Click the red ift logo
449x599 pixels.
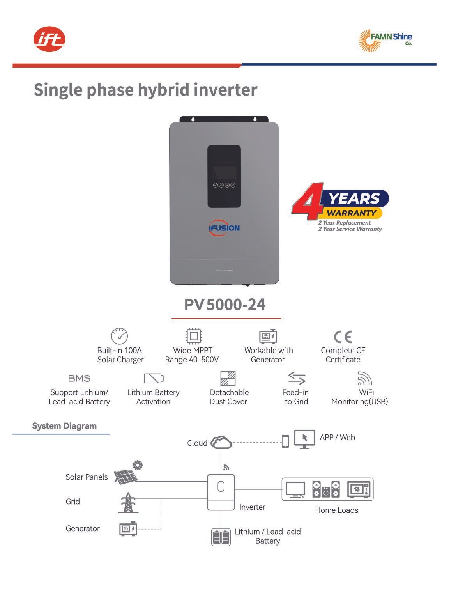coord(49,39)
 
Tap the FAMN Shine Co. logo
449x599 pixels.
coord(385,41)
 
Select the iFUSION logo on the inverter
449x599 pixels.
coord(224,227)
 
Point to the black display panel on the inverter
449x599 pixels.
coord(224,176)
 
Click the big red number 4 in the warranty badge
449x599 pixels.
coord(308,201)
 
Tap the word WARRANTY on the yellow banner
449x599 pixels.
coord(352,213)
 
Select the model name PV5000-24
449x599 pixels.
coord(224,305)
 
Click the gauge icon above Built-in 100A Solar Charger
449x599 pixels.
coord(119,336)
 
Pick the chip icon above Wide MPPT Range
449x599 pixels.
coord(194,336)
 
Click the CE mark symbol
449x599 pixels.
coord(343,337)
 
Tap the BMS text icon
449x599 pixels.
coord(79,379)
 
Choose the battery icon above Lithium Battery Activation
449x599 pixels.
coord(154,378)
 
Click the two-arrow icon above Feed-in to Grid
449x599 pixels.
coord(297,378)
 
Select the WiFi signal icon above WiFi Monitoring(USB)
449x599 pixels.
coord(365,378)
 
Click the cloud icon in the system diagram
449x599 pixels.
coord(221,442)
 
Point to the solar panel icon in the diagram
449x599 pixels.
coord(126,477)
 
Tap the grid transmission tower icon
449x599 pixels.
coord(128,503)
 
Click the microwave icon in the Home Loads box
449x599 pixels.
coord(359,489)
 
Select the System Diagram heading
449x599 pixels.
coord(64,426)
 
